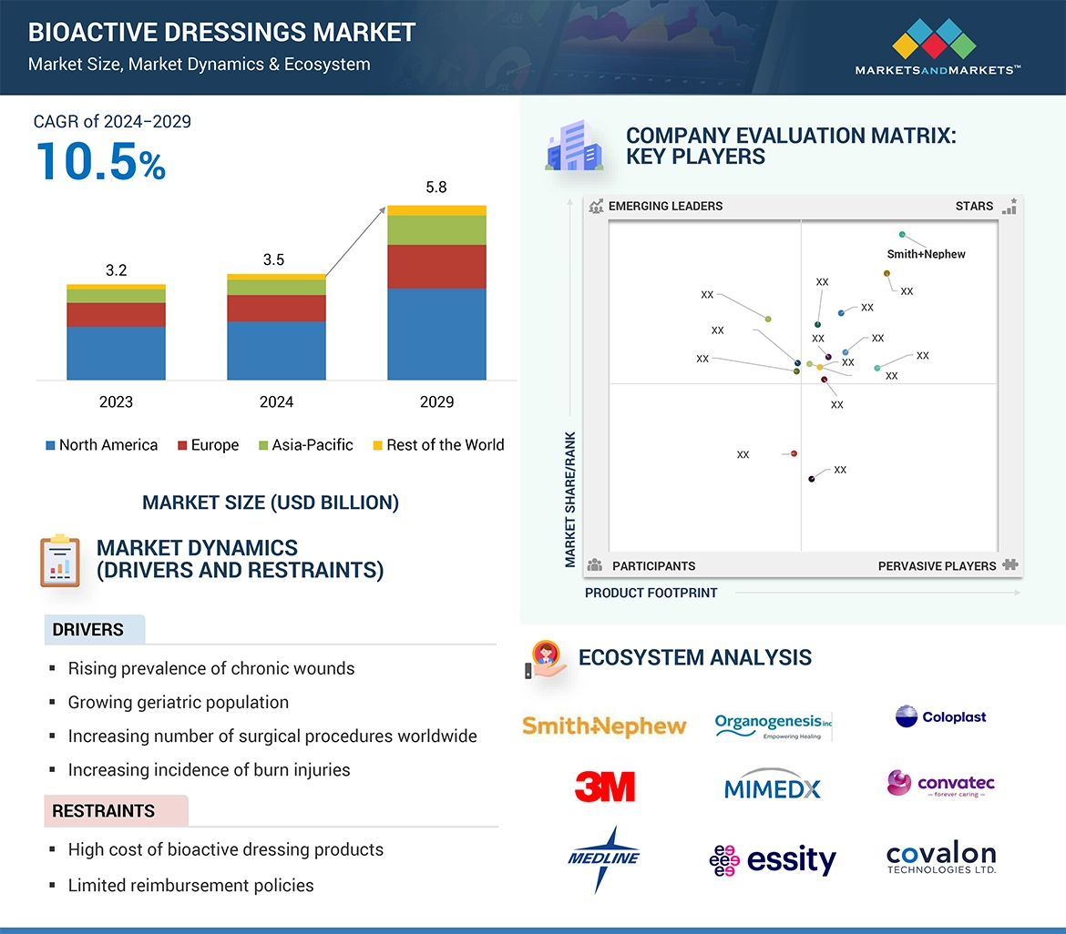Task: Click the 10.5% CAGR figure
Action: click(101, 160)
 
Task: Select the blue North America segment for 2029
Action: click(436, 333)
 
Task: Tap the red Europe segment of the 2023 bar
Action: click(116, 315)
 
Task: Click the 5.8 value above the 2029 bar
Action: click(436, 188)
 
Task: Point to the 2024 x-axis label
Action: click(276, 401)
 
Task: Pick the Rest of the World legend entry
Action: click(438, 445)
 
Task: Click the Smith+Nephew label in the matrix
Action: click(926, 254)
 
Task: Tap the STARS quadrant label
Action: click(974, 206)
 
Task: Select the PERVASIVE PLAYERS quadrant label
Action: click(937, 566)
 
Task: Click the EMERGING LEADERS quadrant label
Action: click(665, 206)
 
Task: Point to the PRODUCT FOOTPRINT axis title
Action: click(651, 593)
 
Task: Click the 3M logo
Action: click(605, 787)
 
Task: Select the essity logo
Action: click(773, 860)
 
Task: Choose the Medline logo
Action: click(603, 858)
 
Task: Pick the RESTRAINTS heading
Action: click(103, 811)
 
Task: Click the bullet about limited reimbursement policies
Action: click(190, 885)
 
